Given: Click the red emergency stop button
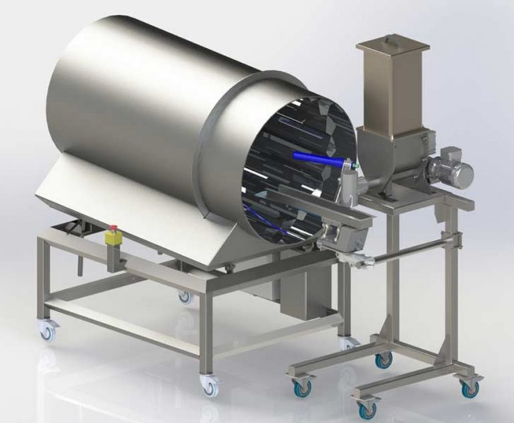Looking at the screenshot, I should pos(112,228).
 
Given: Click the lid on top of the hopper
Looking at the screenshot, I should pos(392,44).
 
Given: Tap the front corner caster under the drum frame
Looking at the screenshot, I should pos(209,385).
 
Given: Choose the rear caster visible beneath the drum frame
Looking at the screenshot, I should pos(185,297).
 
